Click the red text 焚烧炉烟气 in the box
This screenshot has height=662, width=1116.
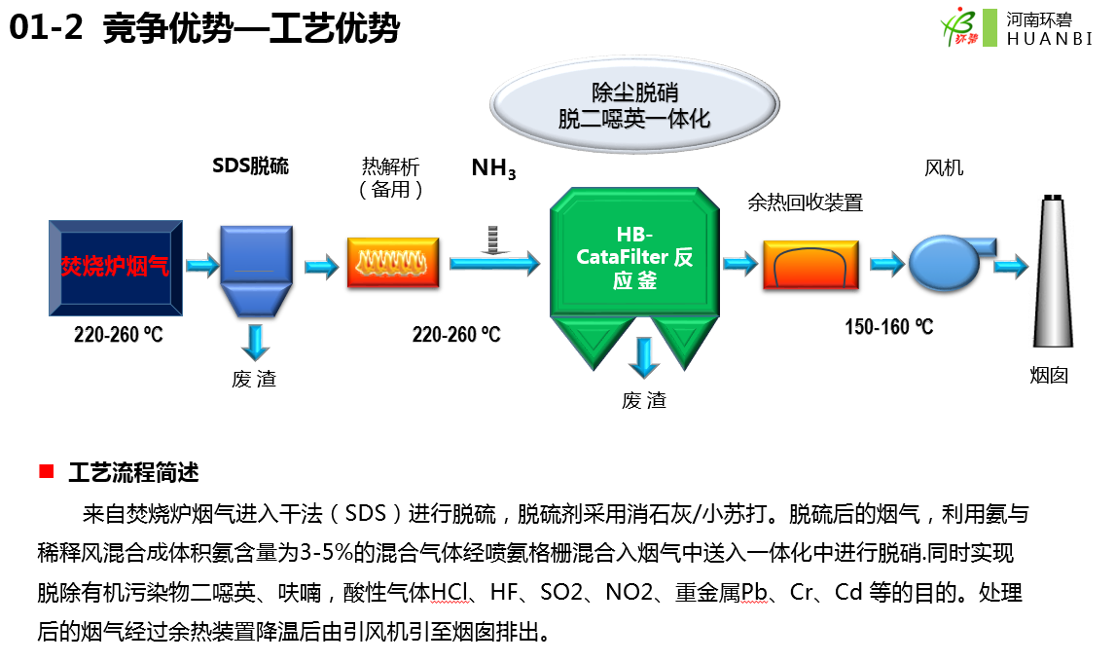pyautogui.click(x=115, y=266)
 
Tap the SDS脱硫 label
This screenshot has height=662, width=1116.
pyautogui.click(x=251, y=165)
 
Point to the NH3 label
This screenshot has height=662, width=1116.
pyautogui.click(x=493, y=168)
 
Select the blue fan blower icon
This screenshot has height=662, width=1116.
pyautogui.click(x=946, y=258)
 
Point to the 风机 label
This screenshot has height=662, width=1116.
pyautogui.click(x=944, y=167)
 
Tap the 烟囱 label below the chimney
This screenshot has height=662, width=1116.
pyautogui.click(x=1049, y=375)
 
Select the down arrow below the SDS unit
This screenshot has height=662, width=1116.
pyautogui.click(x=255, y=342)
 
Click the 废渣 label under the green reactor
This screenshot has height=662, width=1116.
pyautogui.click(x=644, y=400)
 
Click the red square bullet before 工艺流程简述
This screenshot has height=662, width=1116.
pyautogui.click(x=45, y=472)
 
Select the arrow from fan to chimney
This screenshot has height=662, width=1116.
pyautogui.click(x=1010, y=263)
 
